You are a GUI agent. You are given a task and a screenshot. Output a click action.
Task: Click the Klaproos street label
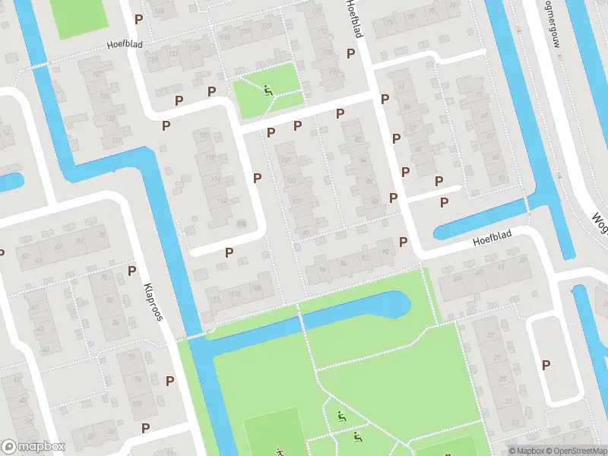153,302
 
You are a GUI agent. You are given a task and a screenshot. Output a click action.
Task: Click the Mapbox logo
33,447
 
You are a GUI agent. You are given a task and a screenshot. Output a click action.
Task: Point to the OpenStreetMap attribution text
575,451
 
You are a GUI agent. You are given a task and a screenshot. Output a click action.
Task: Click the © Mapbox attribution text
526,451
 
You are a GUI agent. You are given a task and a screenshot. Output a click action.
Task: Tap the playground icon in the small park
268,91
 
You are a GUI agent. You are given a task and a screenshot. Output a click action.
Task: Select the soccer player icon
279,451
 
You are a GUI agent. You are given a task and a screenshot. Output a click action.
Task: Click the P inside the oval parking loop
546,365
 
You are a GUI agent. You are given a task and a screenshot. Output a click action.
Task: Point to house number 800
241,223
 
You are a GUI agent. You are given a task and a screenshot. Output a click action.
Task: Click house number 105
287,160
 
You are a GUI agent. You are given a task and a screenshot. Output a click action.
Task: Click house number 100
258,289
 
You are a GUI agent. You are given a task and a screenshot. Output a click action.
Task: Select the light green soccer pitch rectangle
274,429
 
